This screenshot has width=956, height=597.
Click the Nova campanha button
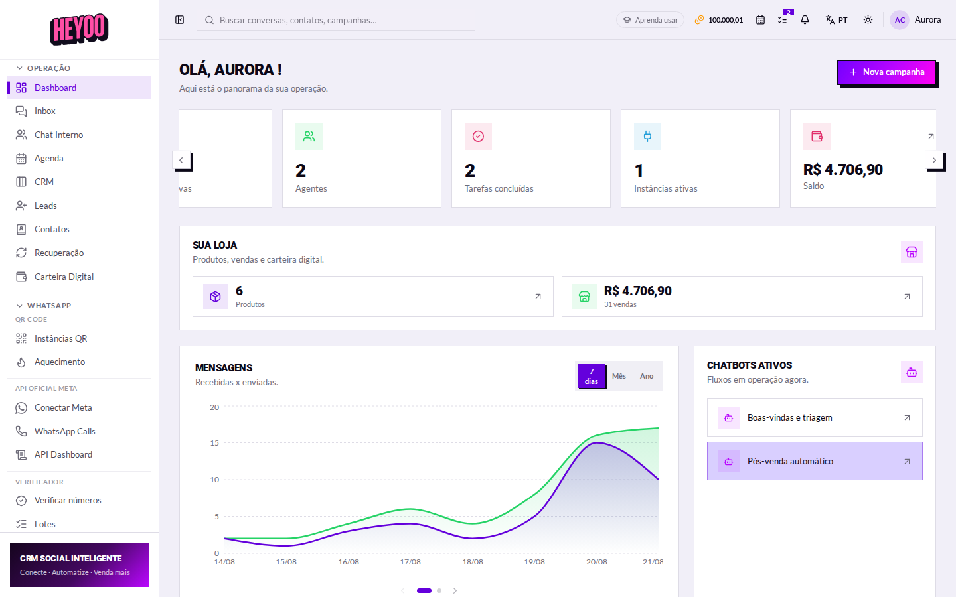coord(886,72)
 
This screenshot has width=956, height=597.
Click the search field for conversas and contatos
coord(335,20)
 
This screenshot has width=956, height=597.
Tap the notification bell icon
coord(805,20)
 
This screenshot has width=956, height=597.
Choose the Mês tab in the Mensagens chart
coord(619,376)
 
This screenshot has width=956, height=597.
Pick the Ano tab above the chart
coord(647,376)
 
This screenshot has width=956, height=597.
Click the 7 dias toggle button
coord(591,376)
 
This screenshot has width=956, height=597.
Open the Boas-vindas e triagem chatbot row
coord(815,417)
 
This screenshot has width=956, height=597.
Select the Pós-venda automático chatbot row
coord(815,461)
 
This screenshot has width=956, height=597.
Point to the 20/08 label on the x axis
coord(597,562)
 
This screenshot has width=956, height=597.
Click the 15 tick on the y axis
coord(214,443)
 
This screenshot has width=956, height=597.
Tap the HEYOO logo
coord(80,29)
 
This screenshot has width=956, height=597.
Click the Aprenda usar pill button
coord(650,20)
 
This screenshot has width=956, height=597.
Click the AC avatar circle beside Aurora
coord(900,20)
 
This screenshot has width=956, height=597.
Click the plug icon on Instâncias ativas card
coord(647,137)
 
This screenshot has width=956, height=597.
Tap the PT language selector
coord(836,20)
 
